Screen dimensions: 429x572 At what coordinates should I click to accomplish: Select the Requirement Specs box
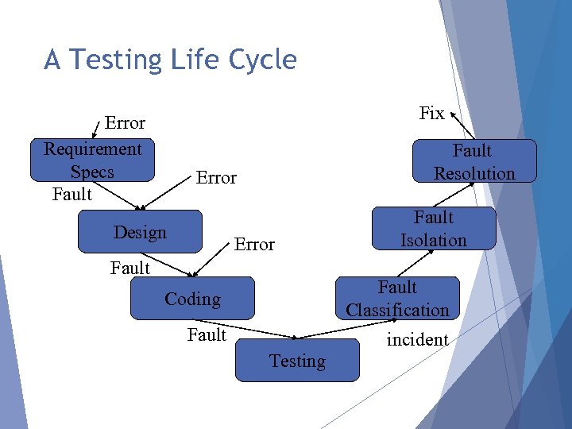92,160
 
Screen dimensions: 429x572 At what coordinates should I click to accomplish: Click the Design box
140,232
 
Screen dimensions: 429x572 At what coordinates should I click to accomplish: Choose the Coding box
192,299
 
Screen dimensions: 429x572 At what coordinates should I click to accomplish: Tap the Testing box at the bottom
297,361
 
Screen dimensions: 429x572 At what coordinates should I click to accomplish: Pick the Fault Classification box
397,299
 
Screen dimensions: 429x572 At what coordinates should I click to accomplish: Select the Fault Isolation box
434,229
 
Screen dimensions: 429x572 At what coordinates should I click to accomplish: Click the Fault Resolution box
474,161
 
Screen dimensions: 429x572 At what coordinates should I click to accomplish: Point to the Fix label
431,113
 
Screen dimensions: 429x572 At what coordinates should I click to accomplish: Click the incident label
417,340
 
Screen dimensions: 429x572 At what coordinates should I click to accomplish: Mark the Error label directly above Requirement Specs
125,123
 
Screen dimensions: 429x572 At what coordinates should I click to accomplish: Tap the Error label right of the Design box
254,245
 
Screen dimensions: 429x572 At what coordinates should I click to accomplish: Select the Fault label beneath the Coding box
207,335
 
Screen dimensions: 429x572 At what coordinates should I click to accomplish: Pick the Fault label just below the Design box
130,269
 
